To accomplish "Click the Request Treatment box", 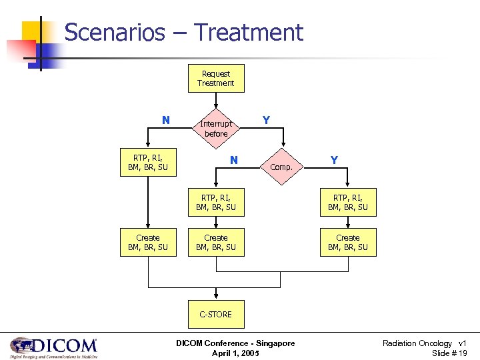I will (x=215, y=79).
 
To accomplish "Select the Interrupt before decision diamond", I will (x=215, y=129).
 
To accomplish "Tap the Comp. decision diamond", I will (x=282, y=167).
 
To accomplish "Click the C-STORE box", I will (x=215, y=314).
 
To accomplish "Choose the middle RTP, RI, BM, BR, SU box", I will (x=215, y=203).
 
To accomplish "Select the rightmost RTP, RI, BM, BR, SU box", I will (x=347, y=203).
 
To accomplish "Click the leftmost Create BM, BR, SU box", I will (x=148, y=243).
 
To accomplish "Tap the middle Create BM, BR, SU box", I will (x=215, y=243).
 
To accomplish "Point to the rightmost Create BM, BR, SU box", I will (x=347, y=243).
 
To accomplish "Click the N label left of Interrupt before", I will (x=165, y=121).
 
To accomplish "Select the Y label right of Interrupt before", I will (x=266, y=121).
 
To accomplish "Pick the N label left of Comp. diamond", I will (x=233, y=160).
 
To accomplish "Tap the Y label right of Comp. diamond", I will (x=334, y=160).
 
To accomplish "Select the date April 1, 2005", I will (x=235, y=353).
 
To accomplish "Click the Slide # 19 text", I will (x=449, y=353).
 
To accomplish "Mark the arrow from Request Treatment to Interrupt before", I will (x=215, y=101).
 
